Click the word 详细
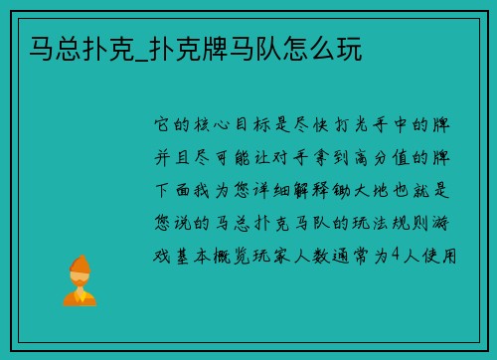coord(286,190)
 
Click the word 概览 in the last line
coord(242,255)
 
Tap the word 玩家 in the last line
coord(287,255)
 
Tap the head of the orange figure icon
coord(79,267)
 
